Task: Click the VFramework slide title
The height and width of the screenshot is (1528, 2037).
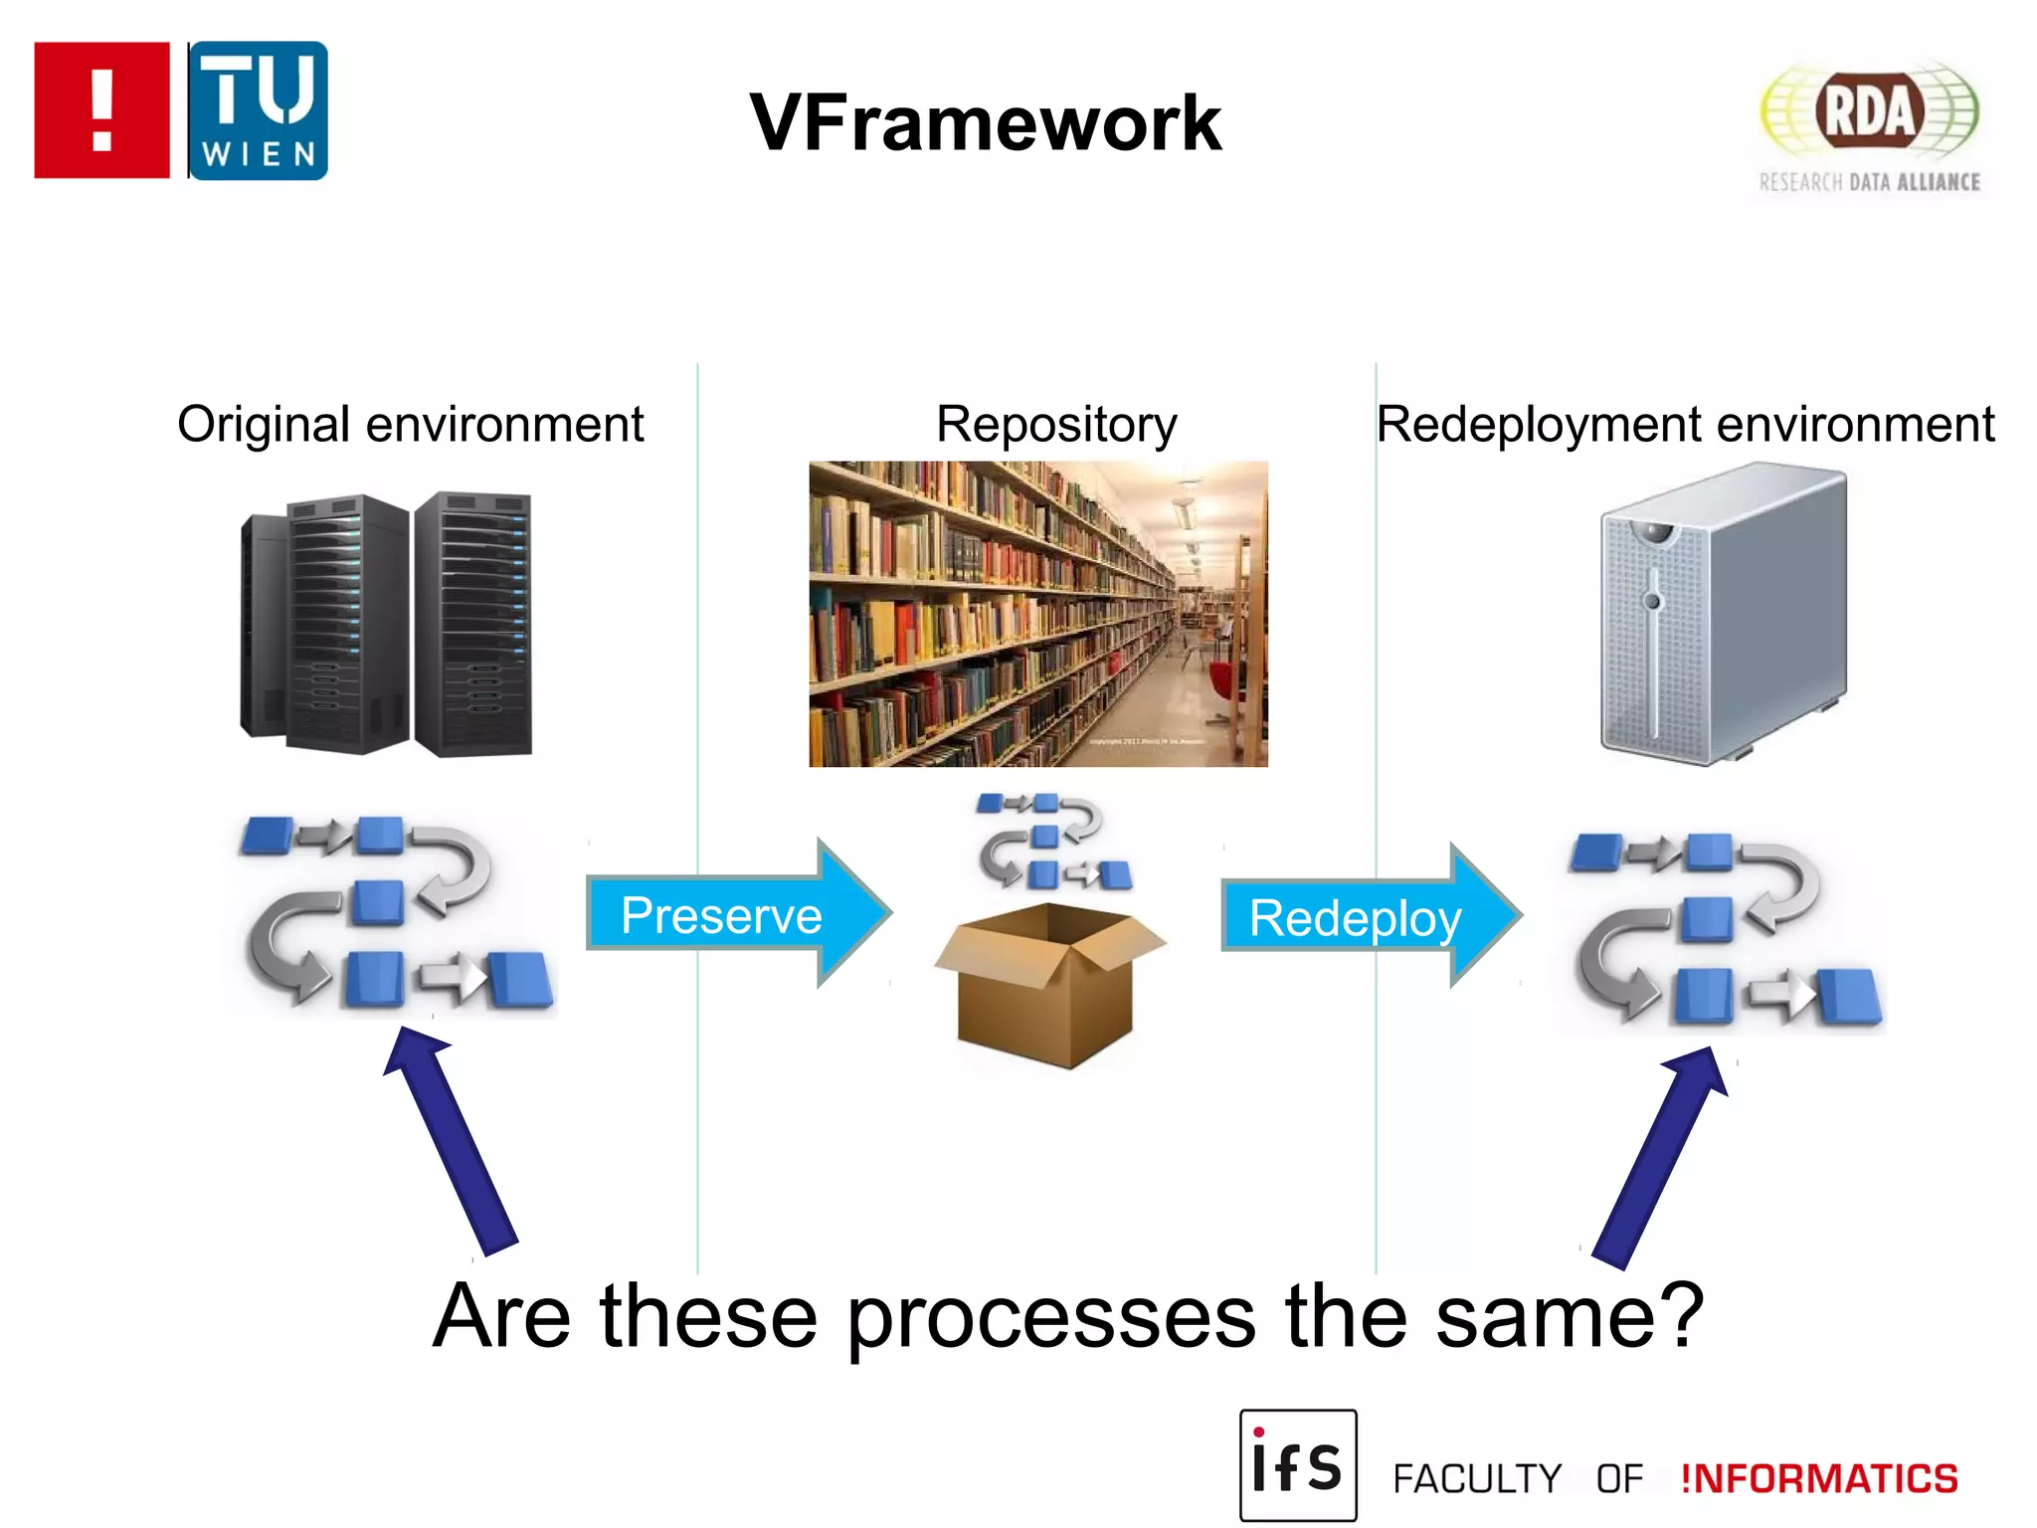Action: (985, 123)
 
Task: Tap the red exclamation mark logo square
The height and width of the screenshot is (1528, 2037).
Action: (101, 110)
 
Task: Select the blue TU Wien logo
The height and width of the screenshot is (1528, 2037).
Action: (258, 110)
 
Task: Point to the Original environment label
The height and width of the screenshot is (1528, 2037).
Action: (410, 425)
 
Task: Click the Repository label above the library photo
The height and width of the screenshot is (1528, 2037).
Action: (1056, 425)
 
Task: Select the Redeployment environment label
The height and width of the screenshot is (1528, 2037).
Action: (1685, 425)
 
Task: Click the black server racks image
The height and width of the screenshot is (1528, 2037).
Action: (388, 625)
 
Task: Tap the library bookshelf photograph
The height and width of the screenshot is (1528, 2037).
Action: (1037, 614)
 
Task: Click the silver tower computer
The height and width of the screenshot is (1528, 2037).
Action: (1723, 614)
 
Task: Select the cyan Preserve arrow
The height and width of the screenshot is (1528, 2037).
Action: (736, 913)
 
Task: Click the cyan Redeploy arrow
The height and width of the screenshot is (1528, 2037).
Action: (1368, 916)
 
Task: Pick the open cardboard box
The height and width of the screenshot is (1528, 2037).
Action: (1048, 985)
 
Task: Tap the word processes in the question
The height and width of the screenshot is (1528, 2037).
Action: (1051, 1318)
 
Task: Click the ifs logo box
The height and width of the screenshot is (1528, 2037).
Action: (1298, 1465)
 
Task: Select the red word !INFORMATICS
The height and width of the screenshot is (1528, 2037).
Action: (1819, 1479)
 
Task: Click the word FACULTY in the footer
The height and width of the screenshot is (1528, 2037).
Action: (1477, 1479)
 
